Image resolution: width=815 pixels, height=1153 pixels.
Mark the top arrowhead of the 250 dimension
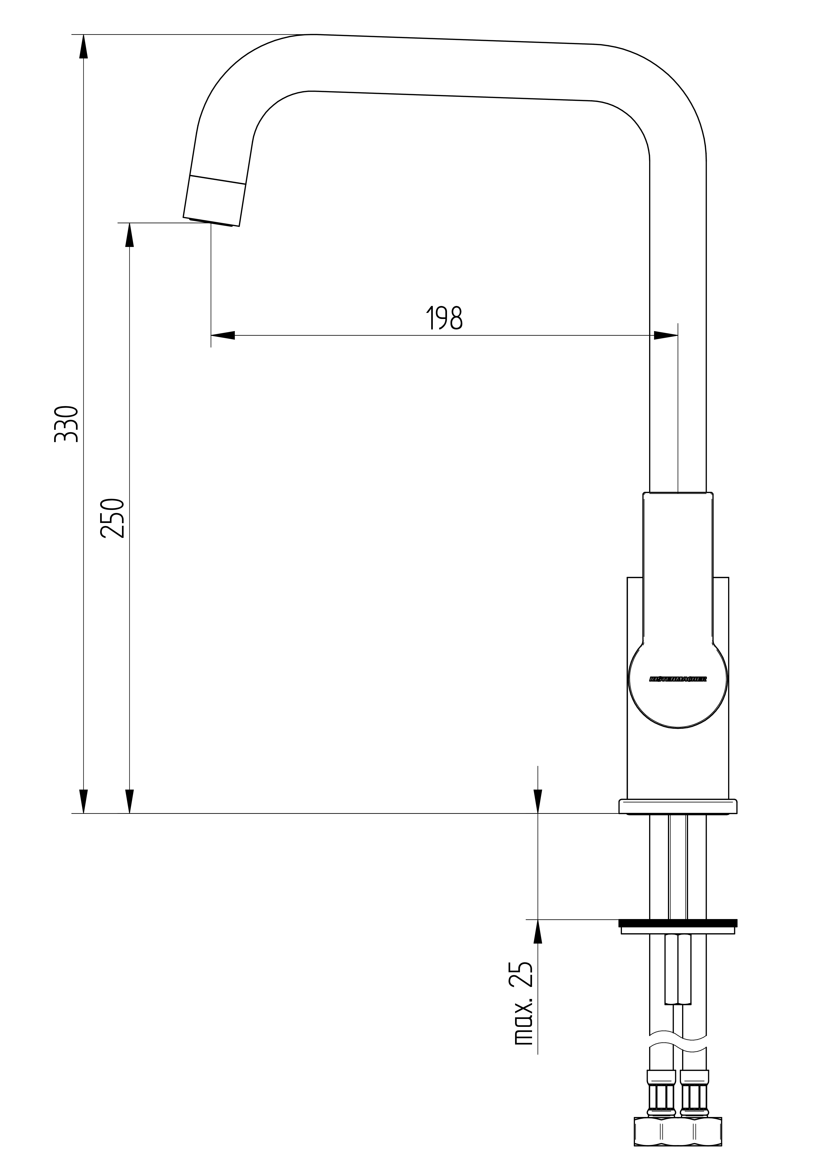[130, 235]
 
